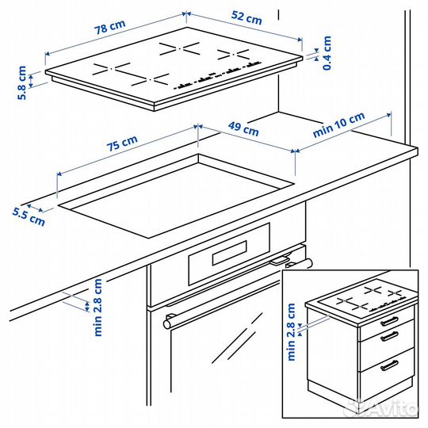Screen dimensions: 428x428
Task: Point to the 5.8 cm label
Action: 22,82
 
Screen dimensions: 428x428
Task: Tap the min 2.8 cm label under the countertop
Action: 98,307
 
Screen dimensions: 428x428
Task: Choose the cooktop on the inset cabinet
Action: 361,300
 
